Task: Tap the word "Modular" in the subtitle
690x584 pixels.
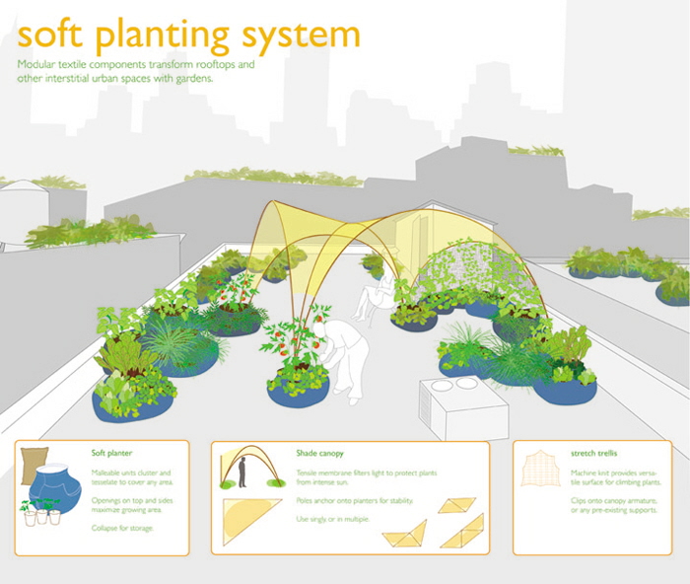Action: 39,64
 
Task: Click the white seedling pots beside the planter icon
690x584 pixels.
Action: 35,515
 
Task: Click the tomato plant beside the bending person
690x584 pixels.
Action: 295,350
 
